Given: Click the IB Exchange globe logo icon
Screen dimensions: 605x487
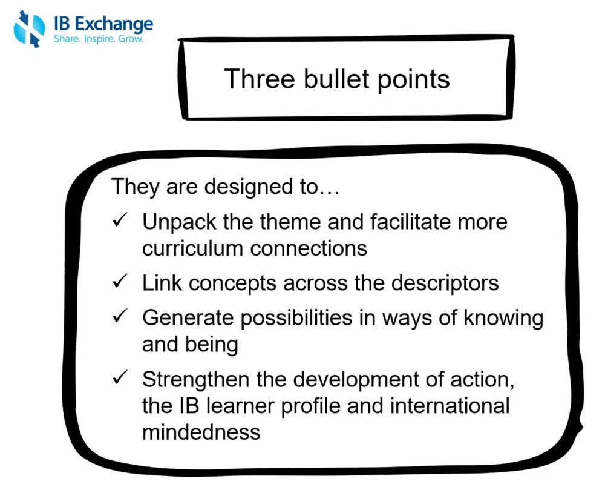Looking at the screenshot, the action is coord(29,29).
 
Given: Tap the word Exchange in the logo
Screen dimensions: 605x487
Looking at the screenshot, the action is coord(114,25).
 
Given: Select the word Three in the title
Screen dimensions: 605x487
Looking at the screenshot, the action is coord(260,79).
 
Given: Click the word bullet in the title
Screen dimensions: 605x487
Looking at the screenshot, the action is coord(336,79).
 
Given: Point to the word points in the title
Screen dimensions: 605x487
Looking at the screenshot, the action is coord(413,81).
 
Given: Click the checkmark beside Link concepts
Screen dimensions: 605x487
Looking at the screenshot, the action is coord(120,281).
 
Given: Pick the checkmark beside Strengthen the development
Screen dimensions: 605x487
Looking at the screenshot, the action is coord(120,377).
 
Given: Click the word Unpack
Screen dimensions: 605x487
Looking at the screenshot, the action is coord(179,223).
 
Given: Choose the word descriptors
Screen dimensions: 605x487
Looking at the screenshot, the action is coord(445,284).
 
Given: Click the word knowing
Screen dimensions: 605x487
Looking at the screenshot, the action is coord(503,319).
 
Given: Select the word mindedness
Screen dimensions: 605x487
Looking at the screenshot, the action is coord(201,432).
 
